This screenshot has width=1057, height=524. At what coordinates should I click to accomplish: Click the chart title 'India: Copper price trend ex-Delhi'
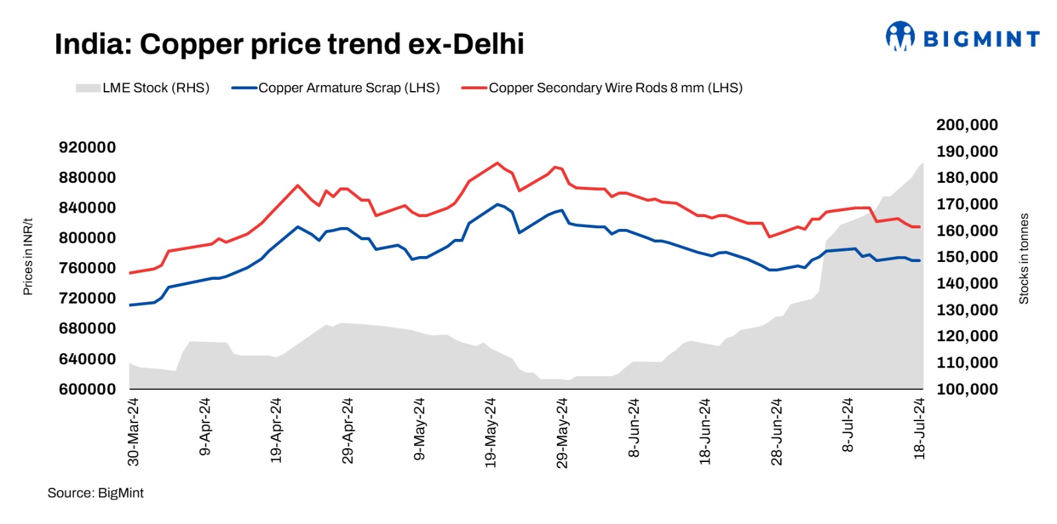click(x=289, y=44)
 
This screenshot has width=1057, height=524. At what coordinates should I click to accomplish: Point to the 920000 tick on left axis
click(x=87, y=147)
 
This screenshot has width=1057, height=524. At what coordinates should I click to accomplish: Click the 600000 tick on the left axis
click(x=87, y=389)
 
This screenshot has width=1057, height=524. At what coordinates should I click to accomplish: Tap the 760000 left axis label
click(x=87, y=268)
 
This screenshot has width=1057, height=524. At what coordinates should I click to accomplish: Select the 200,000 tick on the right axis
click(x=967, y=125)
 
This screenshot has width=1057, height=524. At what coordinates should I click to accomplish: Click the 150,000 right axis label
click(x=967, y=257)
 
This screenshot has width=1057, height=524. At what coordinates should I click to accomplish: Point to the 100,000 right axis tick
click(x=967, y=389)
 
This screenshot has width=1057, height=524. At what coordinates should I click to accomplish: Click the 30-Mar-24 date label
click(x=133, y=432)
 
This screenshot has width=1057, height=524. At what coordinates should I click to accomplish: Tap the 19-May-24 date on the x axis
click(x=490, y=433)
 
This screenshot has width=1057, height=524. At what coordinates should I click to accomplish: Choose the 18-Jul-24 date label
click(x=919, y=429)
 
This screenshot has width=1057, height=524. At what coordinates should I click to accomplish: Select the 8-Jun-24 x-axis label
click(x=634, y=428)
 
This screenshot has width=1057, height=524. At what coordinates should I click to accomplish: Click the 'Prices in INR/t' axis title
click(x=28, y=257)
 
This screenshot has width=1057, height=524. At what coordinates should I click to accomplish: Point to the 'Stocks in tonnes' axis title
click(x=1024, y=258)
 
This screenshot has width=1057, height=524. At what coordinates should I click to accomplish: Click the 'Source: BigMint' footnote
click(x=95, y=493)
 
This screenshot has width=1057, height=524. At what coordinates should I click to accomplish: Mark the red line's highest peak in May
click(x=497, y=162)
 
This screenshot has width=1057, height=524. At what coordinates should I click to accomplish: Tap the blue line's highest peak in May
click(x=497, y=204)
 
